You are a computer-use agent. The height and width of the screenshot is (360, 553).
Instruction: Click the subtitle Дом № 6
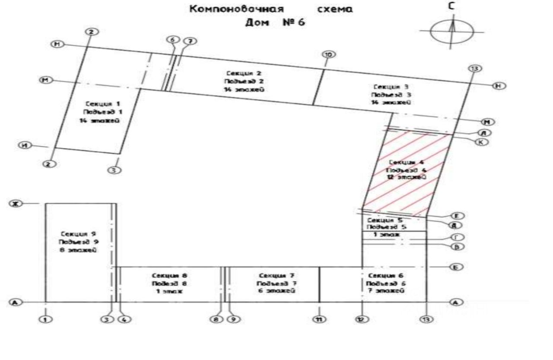[x=275, y=22]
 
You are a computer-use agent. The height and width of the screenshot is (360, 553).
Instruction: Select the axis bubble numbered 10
[x=329, y=54]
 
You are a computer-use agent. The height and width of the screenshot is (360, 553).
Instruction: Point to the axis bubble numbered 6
[x=173, y=39]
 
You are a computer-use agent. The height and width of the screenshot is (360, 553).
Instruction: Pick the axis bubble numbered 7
[x=189, y=41]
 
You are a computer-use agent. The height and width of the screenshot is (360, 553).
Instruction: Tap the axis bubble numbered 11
[x=320, y=319]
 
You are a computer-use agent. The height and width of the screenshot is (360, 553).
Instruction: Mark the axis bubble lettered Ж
[x=15, y=204]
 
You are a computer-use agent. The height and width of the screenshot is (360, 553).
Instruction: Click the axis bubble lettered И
[x=25, y=145]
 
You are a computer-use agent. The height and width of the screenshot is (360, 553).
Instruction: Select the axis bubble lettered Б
[x=456, y=267]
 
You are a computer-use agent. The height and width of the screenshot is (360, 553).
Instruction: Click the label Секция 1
[x=102, y=104]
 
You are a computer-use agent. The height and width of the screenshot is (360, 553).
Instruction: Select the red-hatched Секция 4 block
[x=406, y=173]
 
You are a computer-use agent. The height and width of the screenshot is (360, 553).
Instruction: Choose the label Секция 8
[x=169, y=275]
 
